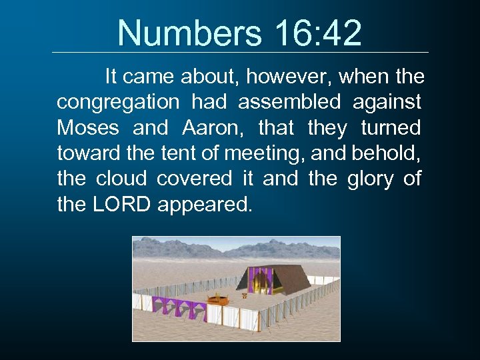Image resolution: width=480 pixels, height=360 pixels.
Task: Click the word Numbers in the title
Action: point(181,33)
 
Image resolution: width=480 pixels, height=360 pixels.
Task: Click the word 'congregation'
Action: point(118,103)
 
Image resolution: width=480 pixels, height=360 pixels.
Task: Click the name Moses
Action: point(88,127)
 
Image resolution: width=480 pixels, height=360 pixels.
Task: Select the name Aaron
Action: point(208,127)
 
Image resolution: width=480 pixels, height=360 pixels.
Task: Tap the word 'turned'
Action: point(391,127)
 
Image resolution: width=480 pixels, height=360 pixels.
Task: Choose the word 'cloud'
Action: point(121,179)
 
